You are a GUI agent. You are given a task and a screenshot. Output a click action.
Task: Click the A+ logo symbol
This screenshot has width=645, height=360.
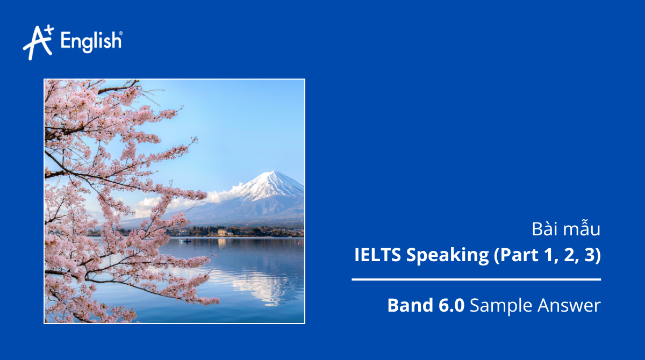[x=38, y=42]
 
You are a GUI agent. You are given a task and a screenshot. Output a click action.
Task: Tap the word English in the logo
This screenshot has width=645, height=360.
[x=91, y=41]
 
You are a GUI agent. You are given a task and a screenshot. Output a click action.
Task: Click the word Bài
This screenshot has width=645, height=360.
[x=542, y=230]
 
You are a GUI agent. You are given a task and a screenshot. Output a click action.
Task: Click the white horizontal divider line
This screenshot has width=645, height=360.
[x=476, y=279]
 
